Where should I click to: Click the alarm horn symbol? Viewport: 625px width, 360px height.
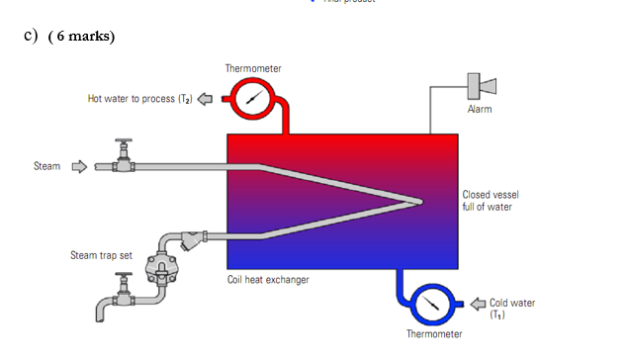474,85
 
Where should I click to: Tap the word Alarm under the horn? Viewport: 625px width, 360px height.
480,110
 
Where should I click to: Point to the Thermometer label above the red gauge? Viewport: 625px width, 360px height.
253,69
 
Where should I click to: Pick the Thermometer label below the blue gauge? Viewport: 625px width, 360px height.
434,334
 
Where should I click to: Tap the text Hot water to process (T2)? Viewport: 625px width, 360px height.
139,98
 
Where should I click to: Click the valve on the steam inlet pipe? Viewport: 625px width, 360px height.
123,158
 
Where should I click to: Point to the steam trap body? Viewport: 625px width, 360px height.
156,264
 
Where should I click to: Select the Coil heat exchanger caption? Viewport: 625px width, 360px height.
268,280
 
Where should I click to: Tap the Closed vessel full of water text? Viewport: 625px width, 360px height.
488,201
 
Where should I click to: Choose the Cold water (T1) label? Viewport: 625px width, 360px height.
512,308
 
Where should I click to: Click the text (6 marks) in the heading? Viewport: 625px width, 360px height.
82,37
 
